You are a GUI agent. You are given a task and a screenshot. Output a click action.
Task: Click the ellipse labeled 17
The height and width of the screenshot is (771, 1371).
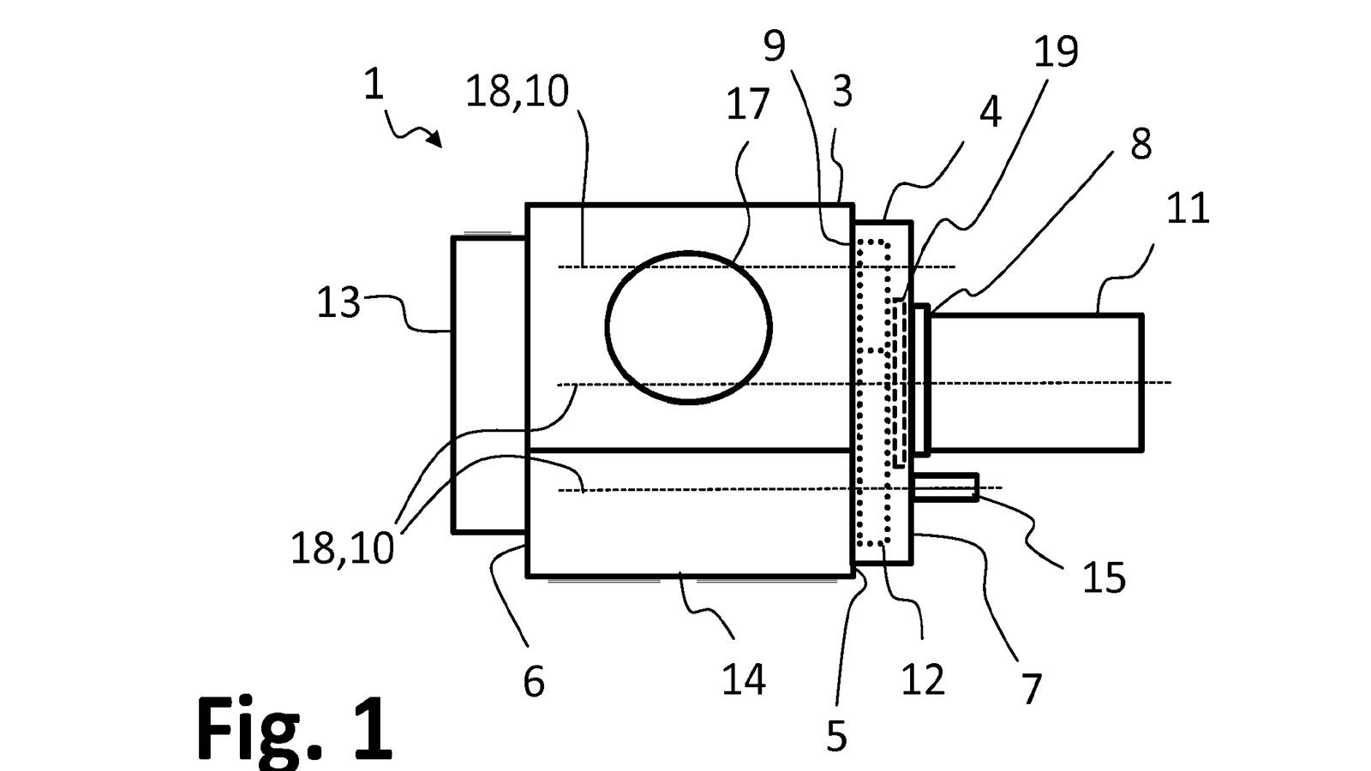[688, 327]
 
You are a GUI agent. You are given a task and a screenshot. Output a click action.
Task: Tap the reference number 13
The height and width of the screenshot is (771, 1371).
[338, 302]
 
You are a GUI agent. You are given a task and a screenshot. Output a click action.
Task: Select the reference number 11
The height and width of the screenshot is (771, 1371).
[1188, 208]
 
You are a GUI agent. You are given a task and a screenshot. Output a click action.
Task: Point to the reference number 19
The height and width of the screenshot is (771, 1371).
[1056, 52]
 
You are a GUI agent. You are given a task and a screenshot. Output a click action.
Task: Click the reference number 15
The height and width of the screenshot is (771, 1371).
[1104, 578]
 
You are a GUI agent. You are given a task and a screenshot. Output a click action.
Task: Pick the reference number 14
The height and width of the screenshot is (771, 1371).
[743, 679]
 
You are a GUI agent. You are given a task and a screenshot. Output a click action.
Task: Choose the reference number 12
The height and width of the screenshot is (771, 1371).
[923, 679]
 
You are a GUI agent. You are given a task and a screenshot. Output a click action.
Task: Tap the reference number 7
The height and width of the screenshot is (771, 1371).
[1032, 688]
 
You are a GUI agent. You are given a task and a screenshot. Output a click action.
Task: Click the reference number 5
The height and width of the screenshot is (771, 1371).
[836, 735]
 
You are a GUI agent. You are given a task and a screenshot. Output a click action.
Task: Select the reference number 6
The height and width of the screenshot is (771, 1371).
[533, 682]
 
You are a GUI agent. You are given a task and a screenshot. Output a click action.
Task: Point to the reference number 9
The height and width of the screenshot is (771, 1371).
[774, 45]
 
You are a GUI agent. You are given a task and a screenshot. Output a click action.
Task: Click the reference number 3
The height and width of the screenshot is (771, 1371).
[842, 91]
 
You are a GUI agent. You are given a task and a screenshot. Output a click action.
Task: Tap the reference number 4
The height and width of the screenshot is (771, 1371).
[990, 111]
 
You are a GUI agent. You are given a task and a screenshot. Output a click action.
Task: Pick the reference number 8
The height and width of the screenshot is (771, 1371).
[1141, 144]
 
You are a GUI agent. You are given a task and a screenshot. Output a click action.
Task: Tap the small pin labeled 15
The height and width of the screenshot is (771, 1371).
[946, 487]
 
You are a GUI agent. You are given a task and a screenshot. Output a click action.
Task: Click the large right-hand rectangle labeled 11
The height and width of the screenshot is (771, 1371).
[1035, 382]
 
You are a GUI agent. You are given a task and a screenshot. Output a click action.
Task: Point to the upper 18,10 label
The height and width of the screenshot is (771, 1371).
[517, 92]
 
